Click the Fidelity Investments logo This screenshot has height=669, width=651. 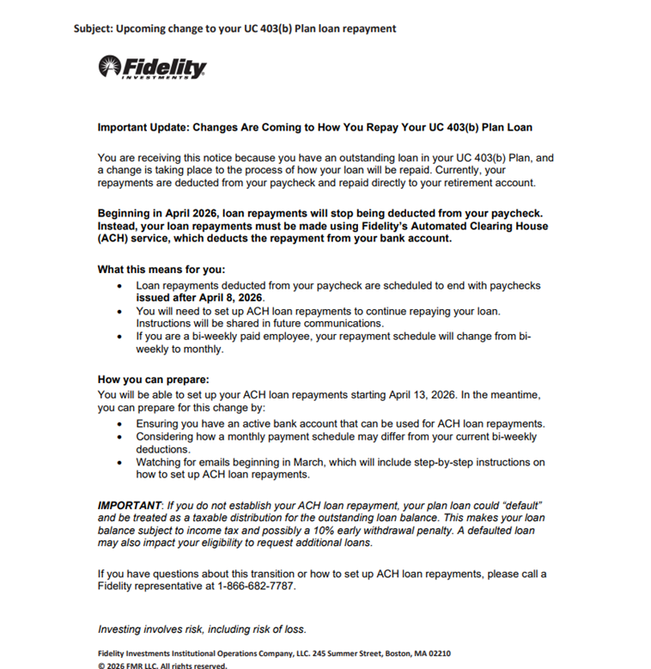153,67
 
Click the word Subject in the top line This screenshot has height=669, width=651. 92,28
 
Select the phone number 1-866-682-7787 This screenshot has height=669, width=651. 258,586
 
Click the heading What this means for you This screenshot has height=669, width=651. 161,270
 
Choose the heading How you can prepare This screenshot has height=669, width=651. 153,380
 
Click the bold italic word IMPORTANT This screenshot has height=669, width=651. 130,505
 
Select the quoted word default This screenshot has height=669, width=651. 520,505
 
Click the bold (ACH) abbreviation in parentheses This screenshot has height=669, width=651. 113,239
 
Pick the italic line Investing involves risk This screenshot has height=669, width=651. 202,629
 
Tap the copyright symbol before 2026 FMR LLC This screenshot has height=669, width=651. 101,665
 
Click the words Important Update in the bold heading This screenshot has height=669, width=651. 143,127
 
